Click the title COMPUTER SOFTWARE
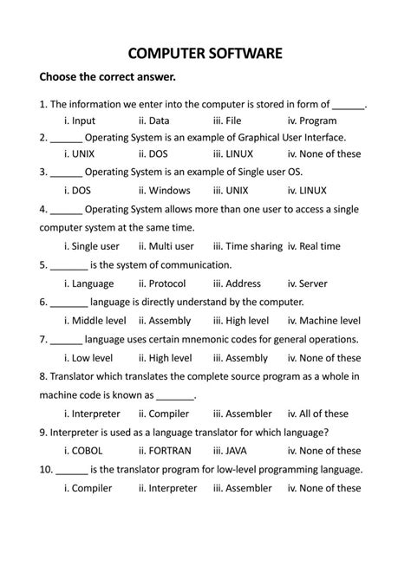click(205, 53)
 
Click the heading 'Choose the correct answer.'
click(101, 80)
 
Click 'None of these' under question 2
click(330, 154)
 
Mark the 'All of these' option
click(323, 414)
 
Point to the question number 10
click(46, 469)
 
